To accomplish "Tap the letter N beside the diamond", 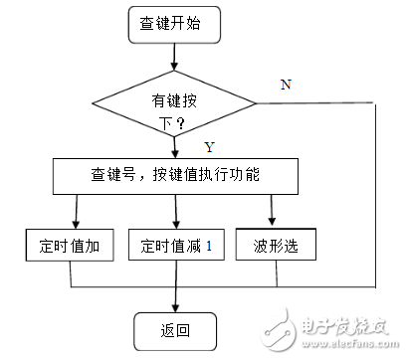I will click(x=286, y=85).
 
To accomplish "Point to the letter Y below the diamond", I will click(x=208, y=147).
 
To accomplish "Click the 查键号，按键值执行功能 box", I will click(x=174, y=177).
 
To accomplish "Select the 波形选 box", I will click(x=269, y=245).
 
